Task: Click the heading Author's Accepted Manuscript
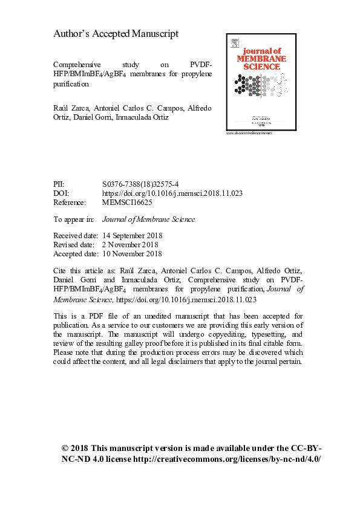[116, 34]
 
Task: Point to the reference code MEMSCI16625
[130, 203]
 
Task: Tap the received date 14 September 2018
[133, 235]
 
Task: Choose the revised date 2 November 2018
[130, 245]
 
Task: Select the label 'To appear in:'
[74, 219]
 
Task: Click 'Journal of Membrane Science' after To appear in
[149, 219]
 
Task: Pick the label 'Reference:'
[70, 203]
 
